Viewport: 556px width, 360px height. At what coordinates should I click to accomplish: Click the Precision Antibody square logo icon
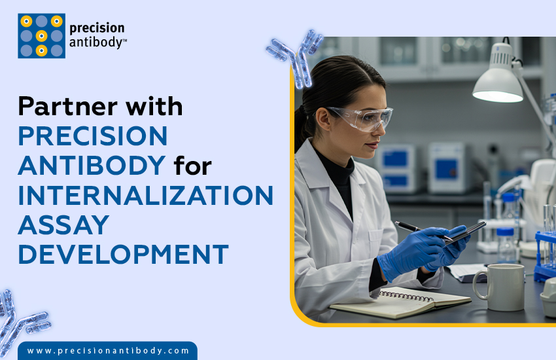click(x=41, y=36)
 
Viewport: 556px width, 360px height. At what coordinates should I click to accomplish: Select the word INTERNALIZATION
click(x=145, y=195)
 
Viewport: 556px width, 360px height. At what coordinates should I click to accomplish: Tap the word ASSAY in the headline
click(x=63, y=225)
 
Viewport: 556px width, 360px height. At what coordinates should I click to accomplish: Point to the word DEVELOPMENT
click(x=123, y=254)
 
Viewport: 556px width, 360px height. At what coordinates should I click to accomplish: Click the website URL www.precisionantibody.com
click(x=108, y=351)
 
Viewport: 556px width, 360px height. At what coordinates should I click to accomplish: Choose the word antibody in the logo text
click(x=97, y=44)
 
